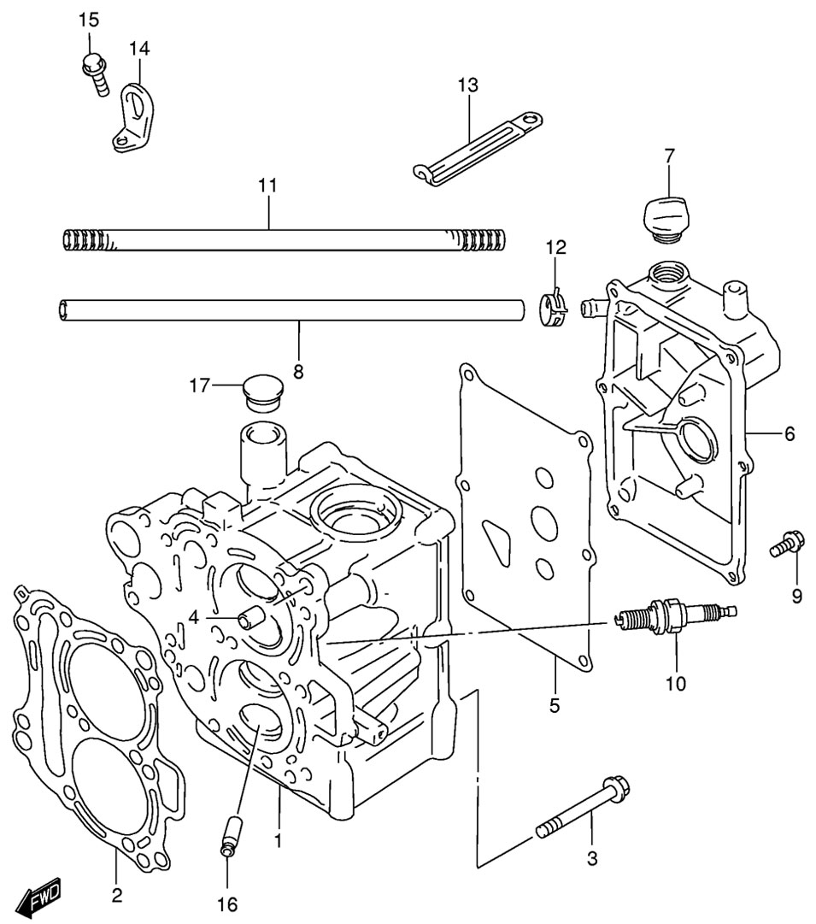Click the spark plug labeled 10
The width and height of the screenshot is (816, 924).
(x=676, y=615)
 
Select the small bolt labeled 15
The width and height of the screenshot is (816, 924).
(x=95, y=73)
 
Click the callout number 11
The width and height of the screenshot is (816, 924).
(x=267, y=185)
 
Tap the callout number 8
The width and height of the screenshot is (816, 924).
(x=298, y=372)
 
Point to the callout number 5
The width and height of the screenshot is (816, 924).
(x=555, y=705)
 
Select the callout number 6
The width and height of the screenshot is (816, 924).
(x=789, y=433)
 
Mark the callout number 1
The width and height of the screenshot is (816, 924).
(x=278, y=839)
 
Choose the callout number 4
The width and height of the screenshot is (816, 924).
(x=194, y=618)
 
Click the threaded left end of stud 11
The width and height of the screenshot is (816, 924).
(x=85, y=240)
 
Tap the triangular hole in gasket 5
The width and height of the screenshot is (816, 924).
(x=495, y=539)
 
